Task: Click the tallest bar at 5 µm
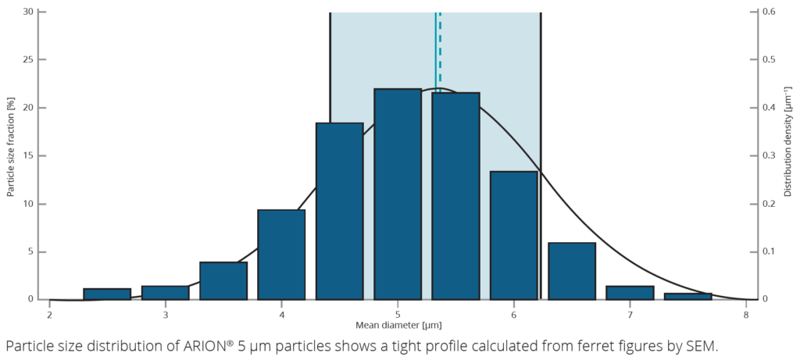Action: [x=398, y=194]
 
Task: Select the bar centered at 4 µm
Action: [x=281, y=255]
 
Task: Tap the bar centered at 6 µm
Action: [x=514, y=235]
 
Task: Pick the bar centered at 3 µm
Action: [x=165, y=293]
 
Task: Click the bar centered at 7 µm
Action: [x=630, y=293]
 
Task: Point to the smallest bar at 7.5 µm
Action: [x=687, y=296]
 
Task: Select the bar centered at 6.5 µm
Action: [x=572, y=271]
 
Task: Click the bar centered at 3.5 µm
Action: [x=223, y=281]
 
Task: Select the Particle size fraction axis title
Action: [x=12, y=155]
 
